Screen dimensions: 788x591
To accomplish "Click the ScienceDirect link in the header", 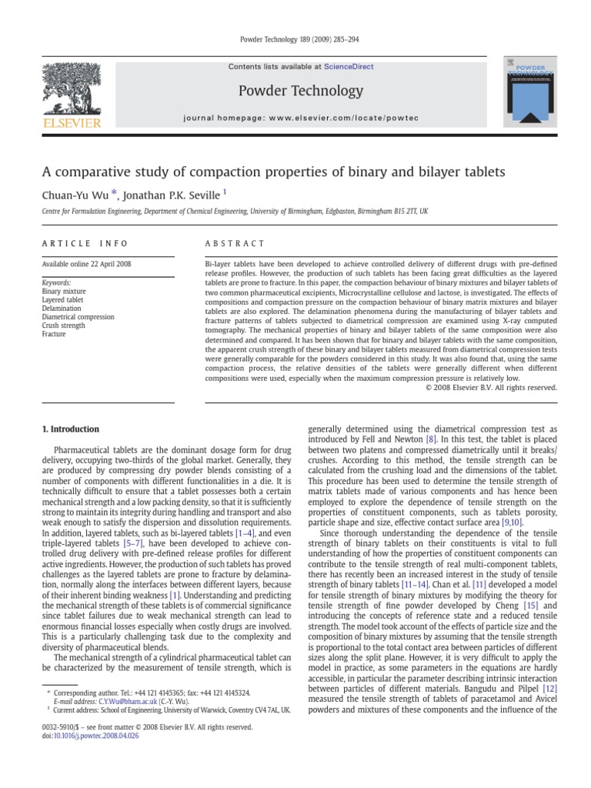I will pyautogui.click(x=349, y=67).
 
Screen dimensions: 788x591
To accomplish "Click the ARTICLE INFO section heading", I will pyautogui.click(x=85, y=243).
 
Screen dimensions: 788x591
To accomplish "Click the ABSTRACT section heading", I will pyautogui.click(x=234, y=243).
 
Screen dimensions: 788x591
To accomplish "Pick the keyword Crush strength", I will pyautogui.click(x=64, y=326).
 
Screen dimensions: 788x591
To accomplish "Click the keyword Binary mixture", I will pyautogui.click(x=63, y=292).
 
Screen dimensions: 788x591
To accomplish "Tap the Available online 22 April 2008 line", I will pyautogui.click(x=86, y=264).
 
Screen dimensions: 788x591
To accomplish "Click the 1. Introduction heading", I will pyautogui.click(x=70, y=429).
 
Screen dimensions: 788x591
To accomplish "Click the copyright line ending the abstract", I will pyautogui.click(x=490, y=387).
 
